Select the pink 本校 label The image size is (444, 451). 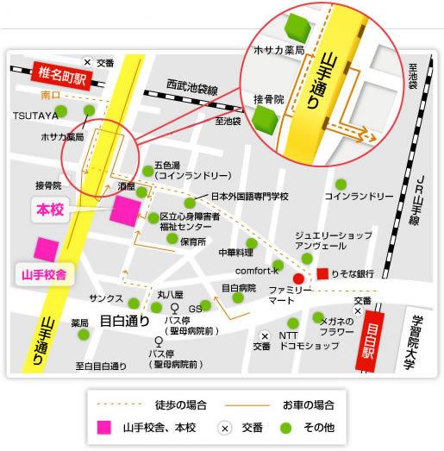click(x=51, y=210)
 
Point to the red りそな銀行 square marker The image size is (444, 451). click(x=322, y=274)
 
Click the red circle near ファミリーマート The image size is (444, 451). click(x=298, y=279)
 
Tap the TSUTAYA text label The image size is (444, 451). click(x=34, y=115)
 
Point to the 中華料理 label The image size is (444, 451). click(x=235, y=253)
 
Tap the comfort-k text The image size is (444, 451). click(x=253, y=270)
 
